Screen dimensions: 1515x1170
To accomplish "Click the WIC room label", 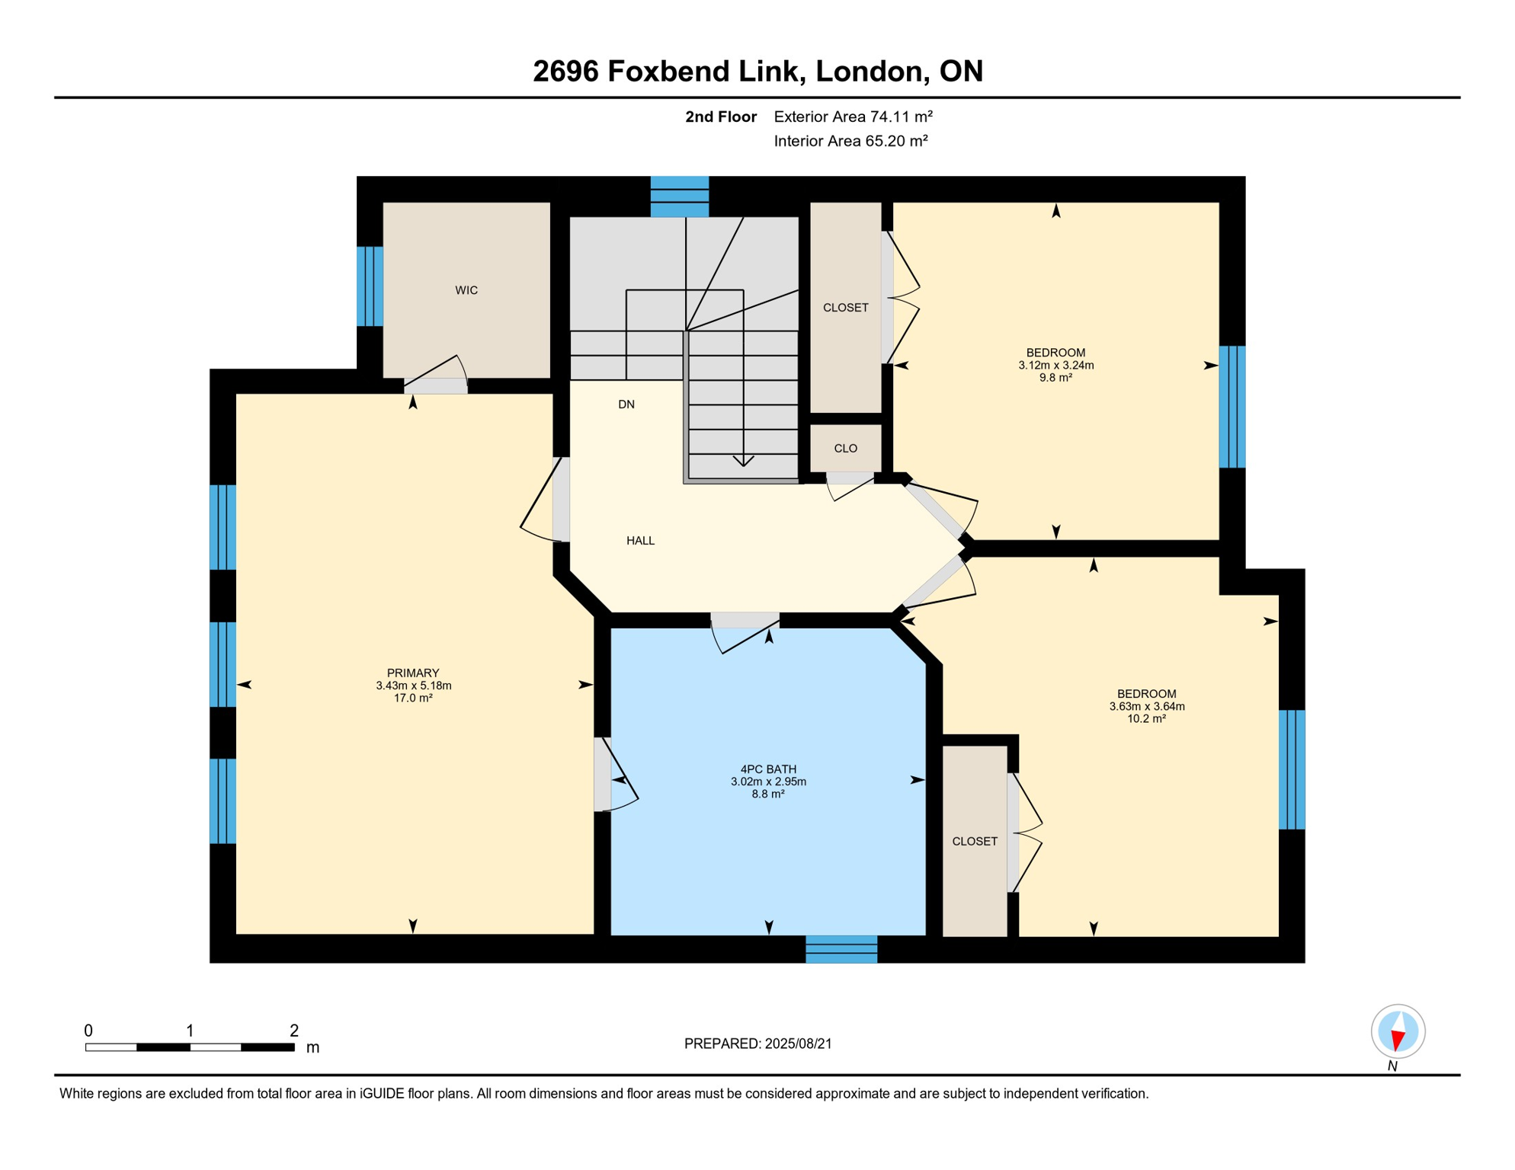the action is coord(466,290).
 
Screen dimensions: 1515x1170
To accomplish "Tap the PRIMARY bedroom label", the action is coord(413,673).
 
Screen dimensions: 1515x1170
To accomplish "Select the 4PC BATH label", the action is coord(768,769).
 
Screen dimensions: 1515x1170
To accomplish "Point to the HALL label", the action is coord(640,541).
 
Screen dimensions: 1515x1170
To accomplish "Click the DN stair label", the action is coord(626,404).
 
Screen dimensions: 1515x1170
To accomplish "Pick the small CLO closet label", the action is coord(846,449).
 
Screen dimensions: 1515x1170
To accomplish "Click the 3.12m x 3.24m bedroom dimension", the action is coord(1056,366).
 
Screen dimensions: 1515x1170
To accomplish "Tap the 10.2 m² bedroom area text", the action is coord(1147,718).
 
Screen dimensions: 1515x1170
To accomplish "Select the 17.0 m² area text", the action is coord(413,698).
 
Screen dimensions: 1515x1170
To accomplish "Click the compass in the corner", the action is coord(1398,1032).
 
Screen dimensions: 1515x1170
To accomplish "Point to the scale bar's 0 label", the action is coord(88,1031).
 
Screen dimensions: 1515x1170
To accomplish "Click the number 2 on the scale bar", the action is coord(294,1031).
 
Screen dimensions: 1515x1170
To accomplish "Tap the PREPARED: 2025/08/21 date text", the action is coord(758,1044).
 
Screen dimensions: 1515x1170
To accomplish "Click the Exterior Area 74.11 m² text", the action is coord(854,117).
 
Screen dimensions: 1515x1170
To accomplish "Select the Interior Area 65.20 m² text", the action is coord(851,141).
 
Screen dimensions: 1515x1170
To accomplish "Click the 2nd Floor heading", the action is coord(721,117).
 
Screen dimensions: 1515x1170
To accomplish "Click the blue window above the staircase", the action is coord(680,197).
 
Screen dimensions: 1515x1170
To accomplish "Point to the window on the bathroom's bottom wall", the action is coord(841,950).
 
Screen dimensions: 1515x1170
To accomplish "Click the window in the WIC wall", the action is coord(370,286).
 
